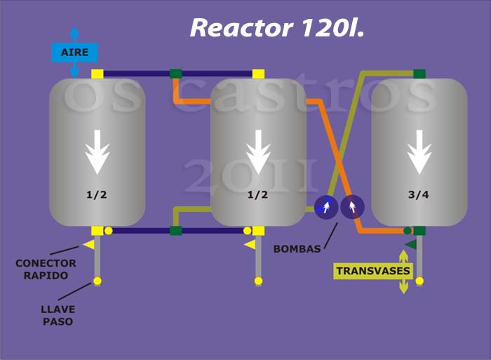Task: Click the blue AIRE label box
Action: tap(74, 53)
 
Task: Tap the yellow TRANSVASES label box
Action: tap(373, 271)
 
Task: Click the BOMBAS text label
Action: tap(297, 249)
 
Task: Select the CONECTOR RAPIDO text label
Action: tap(46, 269)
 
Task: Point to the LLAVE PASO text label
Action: tap(58, 315)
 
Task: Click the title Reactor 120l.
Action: tap(277, 28)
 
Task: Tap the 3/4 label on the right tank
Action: tap(419, 194)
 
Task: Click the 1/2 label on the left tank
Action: tap(97, 194)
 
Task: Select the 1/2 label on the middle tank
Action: tap(257, 194)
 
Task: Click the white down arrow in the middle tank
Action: tap(258, 152)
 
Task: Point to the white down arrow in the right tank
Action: tap(419, 152)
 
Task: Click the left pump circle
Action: tap(326, 207)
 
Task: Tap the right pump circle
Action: tap(352, 207)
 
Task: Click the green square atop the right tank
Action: tap(419, 74)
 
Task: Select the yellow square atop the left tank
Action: tap(97, 74)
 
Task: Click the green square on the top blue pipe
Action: tap(176, 74)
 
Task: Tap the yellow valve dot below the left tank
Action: tap(97, 281)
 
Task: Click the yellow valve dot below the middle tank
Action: tap(258, 281)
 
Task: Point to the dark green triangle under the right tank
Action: tap(411, 244)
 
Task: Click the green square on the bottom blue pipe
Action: tap(176, 231)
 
